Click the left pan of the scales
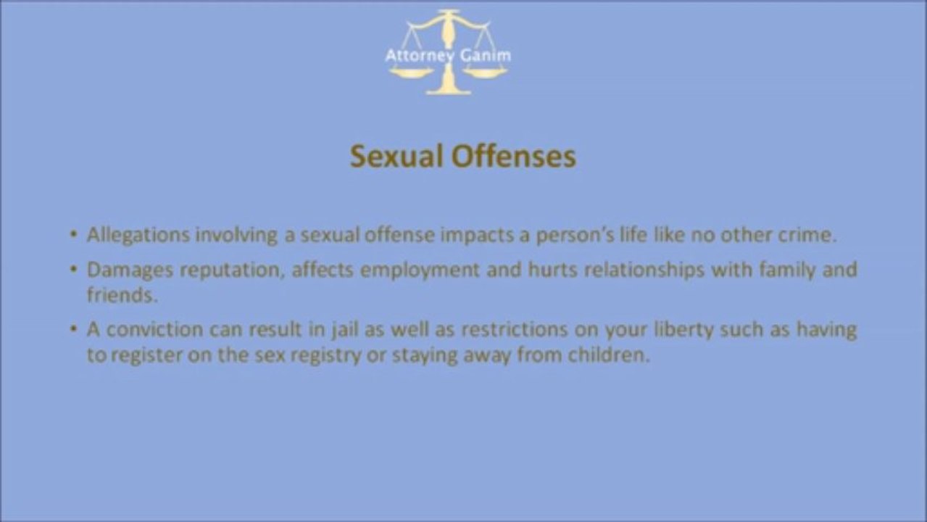pyautogui.click(x=410, y=72)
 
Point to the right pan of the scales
pyautogui.click(x=486, y=72)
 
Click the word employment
pyautogui.click(x=420, y=270)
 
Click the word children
pyautogui.click(x=607, y=356)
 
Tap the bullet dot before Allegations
pyautogui.click(x=73, y=235)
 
